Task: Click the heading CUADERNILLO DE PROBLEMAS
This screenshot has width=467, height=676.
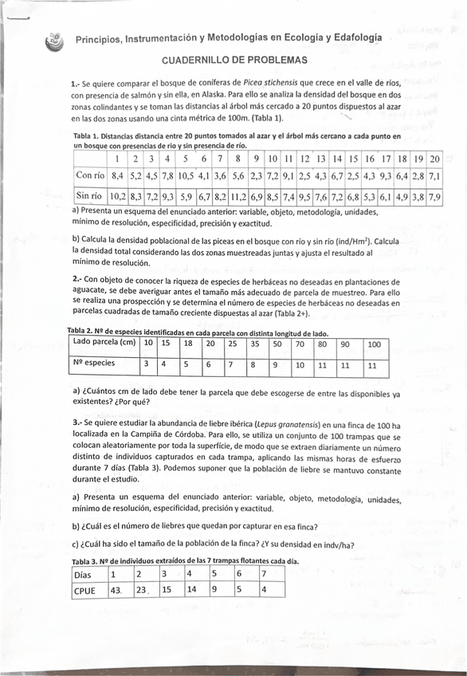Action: point(234,61)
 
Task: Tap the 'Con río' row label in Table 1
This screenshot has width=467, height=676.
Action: point(90,175)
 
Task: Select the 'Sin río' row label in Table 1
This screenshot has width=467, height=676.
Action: point(90,195)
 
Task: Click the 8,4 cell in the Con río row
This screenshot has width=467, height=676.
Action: point(117,175)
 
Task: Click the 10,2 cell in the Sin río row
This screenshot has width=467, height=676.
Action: point(117,195)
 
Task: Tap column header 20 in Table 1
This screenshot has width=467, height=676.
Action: point(434,159)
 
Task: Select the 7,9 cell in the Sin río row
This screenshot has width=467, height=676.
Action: point(434,195)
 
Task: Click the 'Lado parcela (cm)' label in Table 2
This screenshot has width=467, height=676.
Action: point(104,342)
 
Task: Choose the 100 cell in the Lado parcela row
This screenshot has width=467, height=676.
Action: point(374,344)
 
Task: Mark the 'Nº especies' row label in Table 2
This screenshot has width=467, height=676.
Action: point(94,363)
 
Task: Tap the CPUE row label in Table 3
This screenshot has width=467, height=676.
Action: point(84,591)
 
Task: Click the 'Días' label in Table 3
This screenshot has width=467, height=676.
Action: point(82,574)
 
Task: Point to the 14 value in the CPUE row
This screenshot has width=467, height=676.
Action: point(192,591)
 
